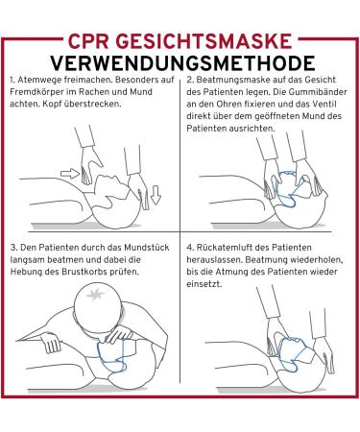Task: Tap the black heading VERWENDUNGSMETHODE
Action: [x=182, y=63]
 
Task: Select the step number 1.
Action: [x=12, y=80]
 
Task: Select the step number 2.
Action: [x=189, y=80]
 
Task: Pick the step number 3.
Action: [x=13, y=248]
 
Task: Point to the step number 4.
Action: [x=190, y=248]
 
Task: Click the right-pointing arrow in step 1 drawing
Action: [x=70, y=174]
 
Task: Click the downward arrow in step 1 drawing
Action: [x=156, y=196]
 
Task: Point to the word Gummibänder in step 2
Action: [x=318, y=92]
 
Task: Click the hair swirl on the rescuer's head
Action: [x=96, y=294]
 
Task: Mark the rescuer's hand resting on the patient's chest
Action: [x=51, y=342]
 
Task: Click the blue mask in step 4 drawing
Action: [x=293, y=353]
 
